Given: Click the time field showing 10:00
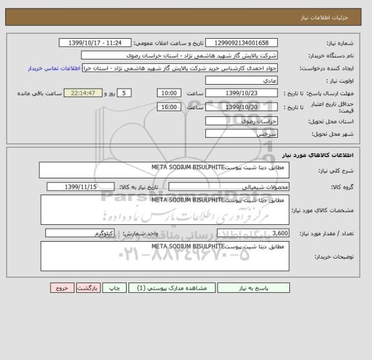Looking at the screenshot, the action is pyautogui.click(x=169, y=93).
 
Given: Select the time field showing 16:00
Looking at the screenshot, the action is pyautogui.click(x=169, y=107).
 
